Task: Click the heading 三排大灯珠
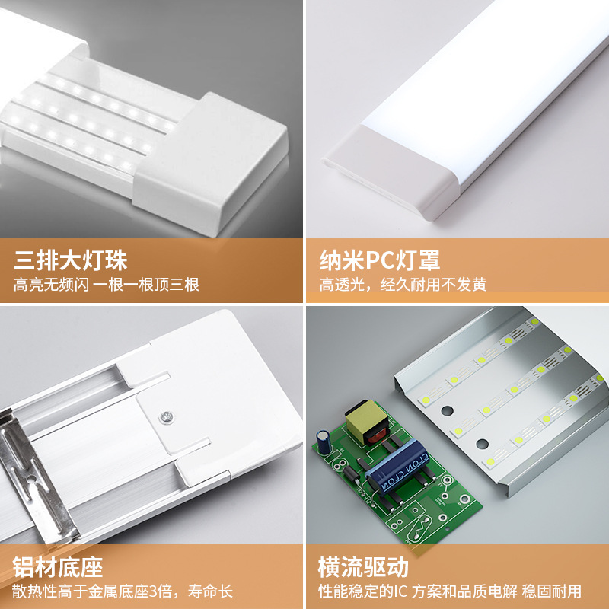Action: [71, 261]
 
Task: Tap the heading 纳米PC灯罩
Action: [379, 261]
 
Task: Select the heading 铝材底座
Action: [59, 567]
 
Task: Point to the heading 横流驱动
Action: [364, 567]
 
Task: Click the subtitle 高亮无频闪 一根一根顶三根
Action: [107, 285]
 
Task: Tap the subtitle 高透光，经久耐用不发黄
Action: [403, 285]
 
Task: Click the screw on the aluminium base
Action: [165, 416]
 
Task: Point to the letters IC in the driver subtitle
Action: [403, 591]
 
